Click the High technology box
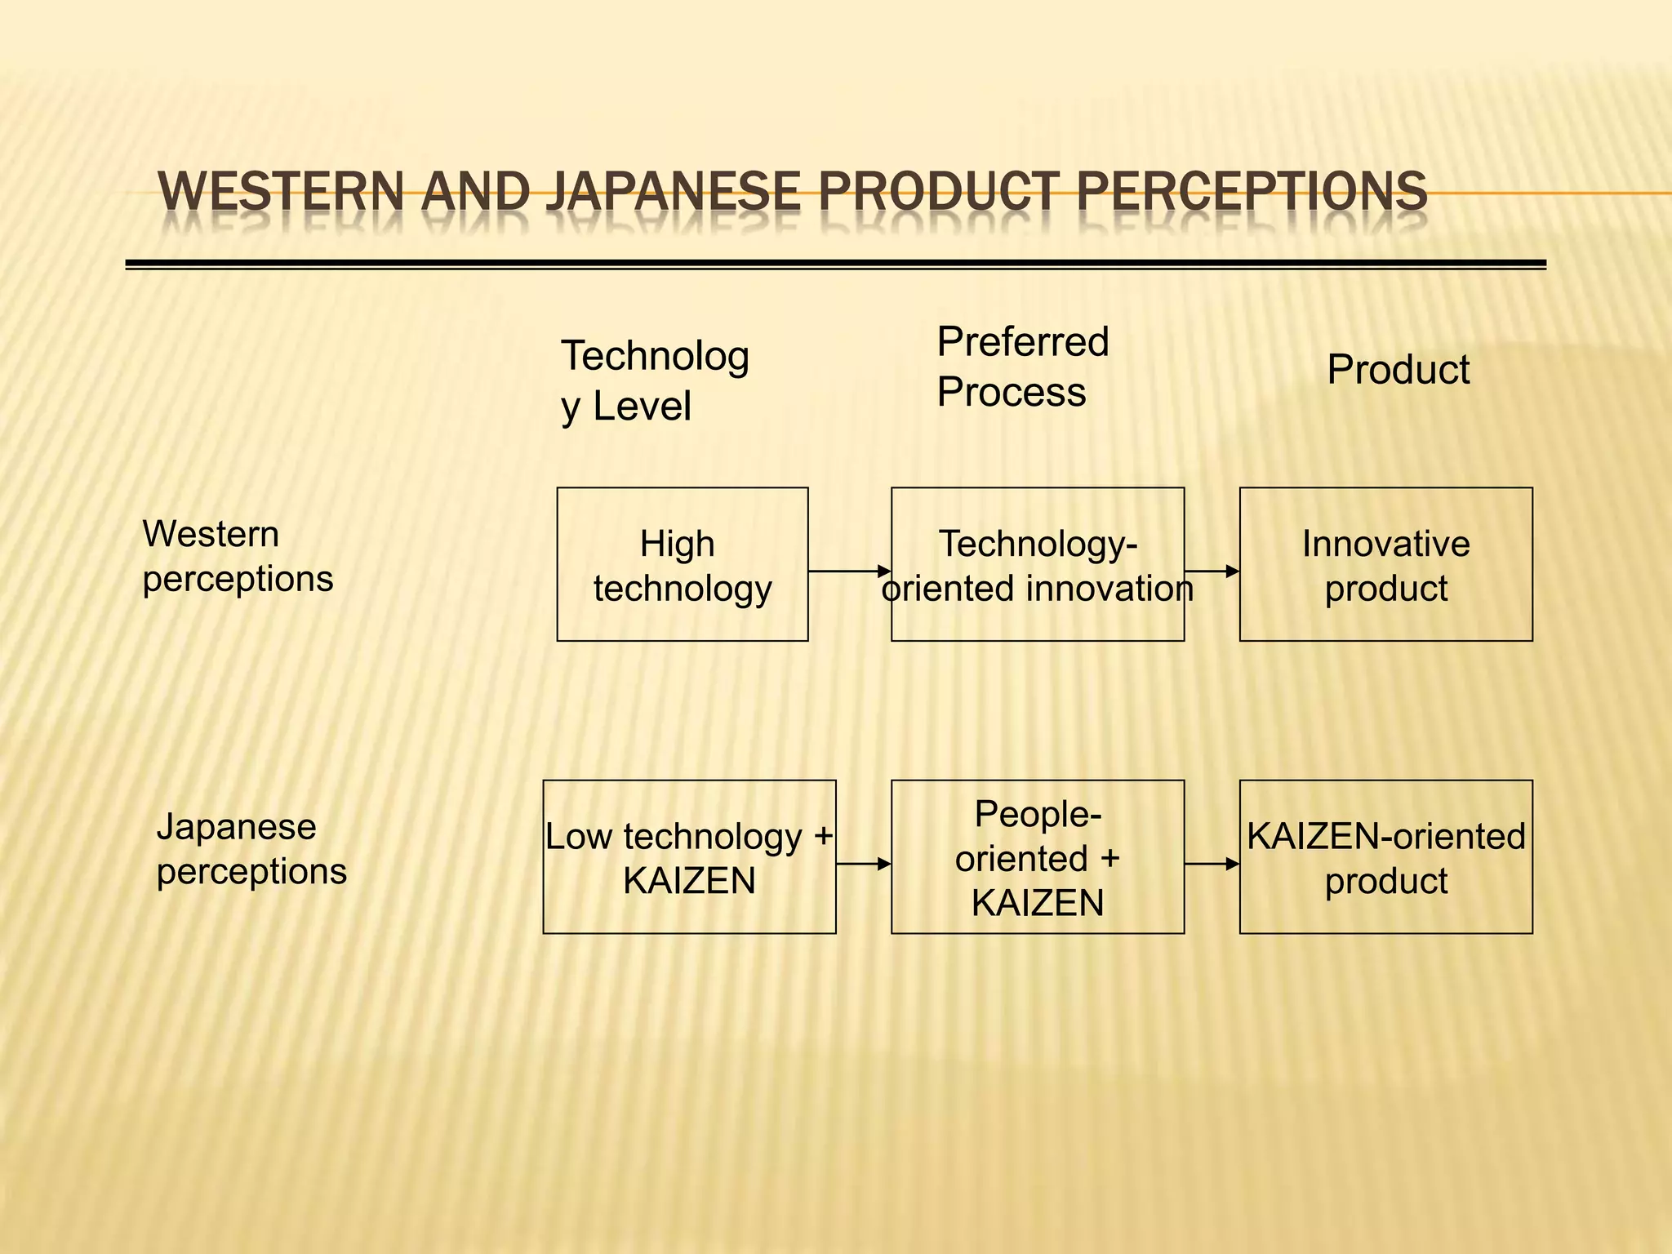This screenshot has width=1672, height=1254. click(x=682, y=565)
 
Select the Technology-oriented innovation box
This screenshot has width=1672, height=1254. click(x=1037, y=565)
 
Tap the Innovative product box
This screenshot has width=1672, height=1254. click(x=1385, y=565)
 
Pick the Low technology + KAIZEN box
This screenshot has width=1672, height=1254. click(x=689, y=857)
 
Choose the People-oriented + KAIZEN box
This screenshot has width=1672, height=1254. click(x=1037, y=857)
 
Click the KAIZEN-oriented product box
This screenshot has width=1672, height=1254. click(x=1385, y=857)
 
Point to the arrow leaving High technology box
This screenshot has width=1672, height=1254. click(x=849, y=571)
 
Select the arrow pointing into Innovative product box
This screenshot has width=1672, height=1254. click(x=1212, y=571)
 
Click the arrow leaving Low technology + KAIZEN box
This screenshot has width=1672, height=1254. click(x=863, y=864)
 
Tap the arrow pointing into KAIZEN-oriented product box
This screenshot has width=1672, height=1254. click(x=1212, y=864)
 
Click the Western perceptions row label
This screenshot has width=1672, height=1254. click(x=238, y=556)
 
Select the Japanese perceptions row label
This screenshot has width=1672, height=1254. click(x=251, y=849)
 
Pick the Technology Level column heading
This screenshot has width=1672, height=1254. click(x=654, y=380)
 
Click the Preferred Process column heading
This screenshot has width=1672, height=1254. click(x=1022, y=367)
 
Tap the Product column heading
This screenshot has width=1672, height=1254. click(x=1398, y=370)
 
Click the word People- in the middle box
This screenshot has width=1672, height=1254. click(x=1037, y=814)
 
